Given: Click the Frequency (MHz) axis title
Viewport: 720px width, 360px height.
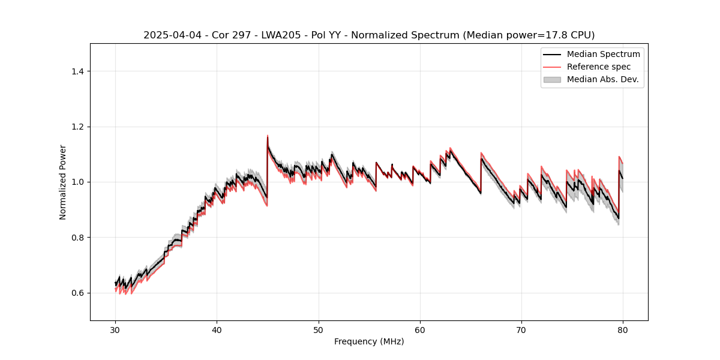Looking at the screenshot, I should click(369, 341).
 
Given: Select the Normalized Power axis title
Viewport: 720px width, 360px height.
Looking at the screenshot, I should click(63, 182).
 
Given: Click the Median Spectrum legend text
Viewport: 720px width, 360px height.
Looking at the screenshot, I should click(603, 54).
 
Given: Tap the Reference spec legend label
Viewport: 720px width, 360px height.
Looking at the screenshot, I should click(598, 67).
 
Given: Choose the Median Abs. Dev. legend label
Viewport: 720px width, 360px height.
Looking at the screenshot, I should click(602, 79).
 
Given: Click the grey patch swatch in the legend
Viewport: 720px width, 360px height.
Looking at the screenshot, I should click(552, 79).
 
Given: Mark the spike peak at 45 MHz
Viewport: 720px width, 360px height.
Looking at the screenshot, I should click(268, 136).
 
